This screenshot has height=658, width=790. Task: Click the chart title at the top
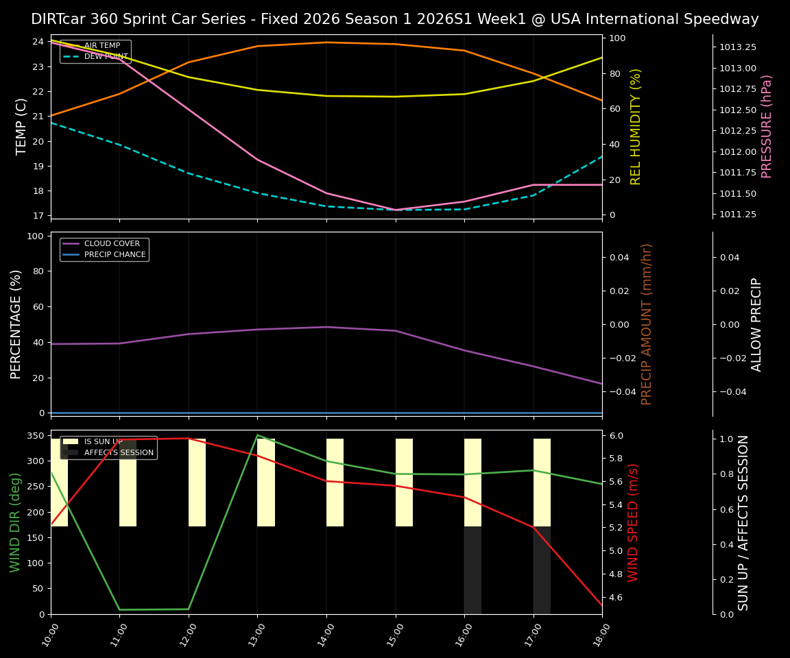[x=395, y=19]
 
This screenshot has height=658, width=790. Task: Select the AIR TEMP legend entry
[x=101, y=45]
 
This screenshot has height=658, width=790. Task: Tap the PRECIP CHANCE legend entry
[x=115, y=255]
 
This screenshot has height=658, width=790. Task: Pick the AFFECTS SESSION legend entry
[x=118, y=452]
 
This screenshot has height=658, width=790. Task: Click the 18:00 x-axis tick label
[x=602, y=633]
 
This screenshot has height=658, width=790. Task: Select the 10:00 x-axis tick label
[x=51, y=633]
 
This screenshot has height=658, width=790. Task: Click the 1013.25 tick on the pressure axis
[x=738, y=47]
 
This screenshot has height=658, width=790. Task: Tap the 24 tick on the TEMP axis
[x=38, y=42]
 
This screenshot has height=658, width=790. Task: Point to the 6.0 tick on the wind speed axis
[x=616, y=435]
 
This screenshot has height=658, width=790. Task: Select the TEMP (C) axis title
[x=21, y=126]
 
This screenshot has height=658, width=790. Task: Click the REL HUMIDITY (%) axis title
[x=636, y=126]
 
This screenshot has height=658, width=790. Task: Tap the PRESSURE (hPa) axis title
[x=767, y=126]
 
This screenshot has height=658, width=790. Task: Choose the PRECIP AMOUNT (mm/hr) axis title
[x=647, y=324]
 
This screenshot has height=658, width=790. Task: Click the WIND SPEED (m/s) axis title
[x=633, y=522]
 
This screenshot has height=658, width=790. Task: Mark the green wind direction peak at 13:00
[x=257, y=435]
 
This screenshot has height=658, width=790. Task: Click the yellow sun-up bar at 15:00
[x=404, y=483]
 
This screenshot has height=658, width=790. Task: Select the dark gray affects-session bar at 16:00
[x=472, y=570]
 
